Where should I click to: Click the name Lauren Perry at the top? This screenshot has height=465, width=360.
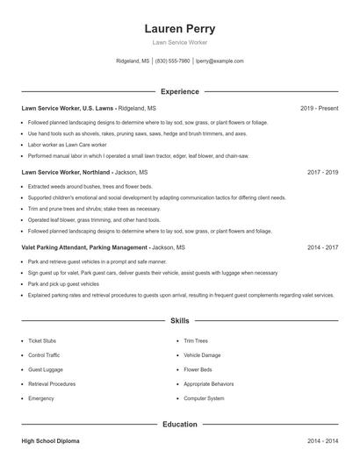(179, 29)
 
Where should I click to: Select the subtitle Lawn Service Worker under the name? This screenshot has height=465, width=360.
(179, 43)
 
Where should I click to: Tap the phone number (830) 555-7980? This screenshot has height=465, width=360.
(173, 61)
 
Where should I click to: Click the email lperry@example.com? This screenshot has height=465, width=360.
(220, 61)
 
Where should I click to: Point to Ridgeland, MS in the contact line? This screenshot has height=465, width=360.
(133, 61)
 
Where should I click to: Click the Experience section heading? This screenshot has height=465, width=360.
(179, 91)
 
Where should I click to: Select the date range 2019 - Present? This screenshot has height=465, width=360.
(319, 108)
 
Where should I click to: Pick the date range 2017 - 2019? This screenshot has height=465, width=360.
(322, 173)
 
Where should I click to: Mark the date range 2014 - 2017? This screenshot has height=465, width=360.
(322, 248)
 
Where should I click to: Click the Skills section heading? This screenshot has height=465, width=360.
(179, 322)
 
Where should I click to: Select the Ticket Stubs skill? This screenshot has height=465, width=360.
(42, 340)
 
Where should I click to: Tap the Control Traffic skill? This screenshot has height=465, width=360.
(44, 355)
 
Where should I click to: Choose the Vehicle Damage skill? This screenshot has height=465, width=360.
(202, 355)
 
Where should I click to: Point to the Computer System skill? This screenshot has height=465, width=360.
(204, 398)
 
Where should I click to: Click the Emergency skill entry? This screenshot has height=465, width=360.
(40, 398)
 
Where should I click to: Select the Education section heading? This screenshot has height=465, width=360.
(179, 425)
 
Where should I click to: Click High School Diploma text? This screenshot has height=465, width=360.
(50, 441)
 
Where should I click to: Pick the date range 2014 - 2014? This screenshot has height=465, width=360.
(322, 441)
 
